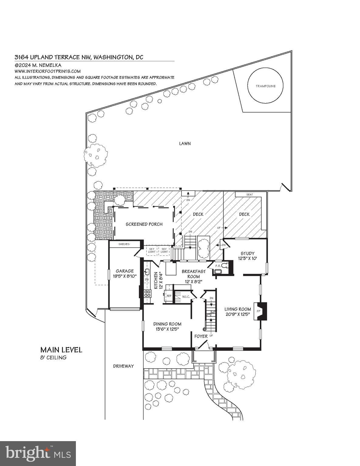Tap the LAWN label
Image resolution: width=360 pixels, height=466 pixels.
click(185, 144)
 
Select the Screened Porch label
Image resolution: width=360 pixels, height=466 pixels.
click(144, 224)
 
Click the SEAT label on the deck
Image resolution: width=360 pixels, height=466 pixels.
click(250, 194)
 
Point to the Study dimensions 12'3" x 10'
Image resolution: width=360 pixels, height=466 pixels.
click(247, 258)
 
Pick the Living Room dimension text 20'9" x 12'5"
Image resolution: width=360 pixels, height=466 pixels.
click(237, 314)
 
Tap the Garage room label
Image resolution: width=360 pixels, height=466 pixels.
click(125, 271)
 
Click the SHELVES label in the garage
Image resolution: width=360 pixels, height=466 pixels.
click(124, 244)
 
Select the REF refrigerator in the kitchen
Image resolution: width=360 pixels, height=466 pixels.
click(169, 296)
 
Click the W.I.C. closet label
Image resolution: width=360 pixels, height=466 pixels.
click(185, 297)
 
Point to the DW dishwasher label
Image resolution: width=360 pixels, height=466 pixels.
click(147, 279)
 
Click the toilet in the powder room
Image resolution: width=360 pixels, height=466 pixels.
click(224, 265)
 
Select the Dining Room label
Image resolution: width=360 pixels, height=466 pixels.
click(167, 324)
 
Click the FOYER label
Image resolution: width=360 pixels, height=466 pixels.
click(201, 336)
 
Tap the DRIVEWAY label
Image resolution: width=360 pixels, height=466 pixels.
click(123, 366)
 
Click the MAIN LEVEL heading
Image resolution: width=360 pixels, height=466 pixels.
click(61, 350)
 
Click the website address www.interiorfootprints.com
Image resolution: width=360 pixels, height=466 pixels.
click(48, 71)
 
